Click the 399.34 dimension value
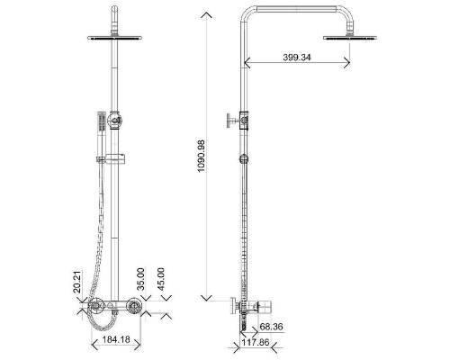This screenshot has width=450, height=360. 297,58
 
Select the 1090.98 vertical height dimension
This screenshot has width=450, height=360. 201,156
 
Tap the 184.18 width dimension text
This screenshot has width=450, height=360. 116,339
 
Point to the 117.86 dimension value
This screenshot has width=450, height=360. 256,342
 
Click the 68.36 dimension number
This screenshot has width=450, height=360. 271,327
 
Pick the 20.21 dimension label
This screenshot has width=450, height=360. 77,282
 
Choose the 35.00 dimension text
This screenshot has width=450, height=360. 140,279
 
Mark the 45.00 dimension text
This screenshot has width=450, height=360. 161,279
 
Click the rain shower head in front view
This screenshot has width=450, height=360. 114,38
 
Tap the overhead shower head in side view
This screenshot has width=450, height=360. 350,38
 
